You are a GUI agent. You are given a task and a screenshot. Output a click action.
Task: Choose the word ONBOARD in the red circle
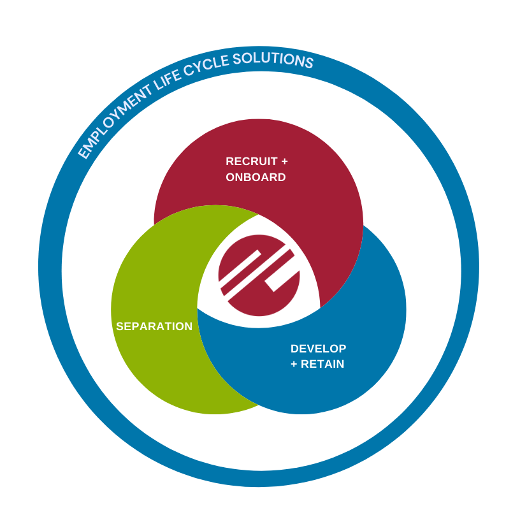click(256, 177)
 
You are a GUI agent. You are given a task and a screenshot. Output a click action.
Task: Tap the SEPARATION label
click(154, 326)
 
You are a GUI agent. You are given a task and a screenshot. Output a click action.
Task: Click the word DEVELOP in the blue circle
click(318, 349)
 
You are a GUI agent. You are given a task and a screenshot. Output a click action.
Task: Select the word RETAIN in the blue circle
click(326, 365)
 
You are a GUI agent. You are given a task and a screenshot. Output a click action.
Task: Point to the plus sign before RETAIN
click(294, 365)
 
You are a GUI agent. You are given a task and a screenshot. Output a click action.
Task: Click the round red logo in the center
click(259, 275)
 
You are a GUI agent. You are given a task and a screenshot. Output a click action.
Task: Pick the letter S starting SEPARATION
click(120, 326)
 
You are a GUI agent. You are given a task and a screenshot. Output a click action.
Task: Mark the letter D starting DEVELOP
click(294, 349)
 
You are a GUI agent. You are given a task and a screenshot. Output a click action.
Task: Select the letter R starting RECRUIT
click(229, 161)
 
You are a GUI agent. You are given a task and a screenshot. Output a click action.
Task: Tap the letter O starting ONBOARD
click(230, 177)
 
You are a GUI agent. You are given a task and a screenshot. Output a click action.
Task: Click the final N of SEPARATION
click(188, 326)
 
